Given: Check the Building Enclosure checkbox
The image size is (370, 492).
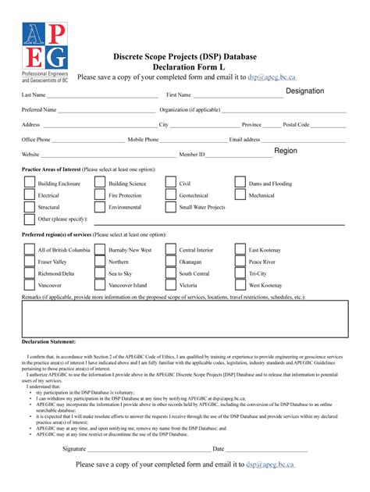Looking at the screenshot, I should (29, 184).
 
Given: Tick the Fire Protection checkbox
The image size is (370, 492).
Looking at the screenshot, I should (100, 195).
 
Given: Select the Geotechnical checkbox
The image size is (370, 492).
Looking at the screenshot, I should (170, 195).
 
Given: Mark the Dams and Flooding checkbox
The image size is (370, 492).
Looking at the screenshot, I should (240, 184).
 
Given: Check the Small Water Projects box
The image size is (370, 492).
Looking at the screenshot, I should (170, 208).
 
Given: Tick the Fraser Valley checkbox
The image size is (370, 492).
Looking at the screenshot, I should (29, 262).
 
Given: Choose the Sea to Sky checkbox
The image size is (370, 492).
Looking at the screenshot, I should (100, 274).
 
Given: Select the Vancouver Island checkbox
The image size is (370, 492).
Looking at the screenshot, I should (100, 286).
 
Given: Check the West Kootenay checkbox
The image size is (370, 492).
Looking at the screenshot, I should (240, 286).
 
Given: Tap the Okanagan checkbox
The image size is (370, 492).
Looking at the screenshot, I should (170, 262).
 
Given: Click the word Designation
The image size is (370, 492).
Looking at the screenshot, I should (304, 91).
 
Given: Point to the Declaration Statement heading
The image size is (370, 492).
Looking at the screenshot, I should (49, 341).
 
